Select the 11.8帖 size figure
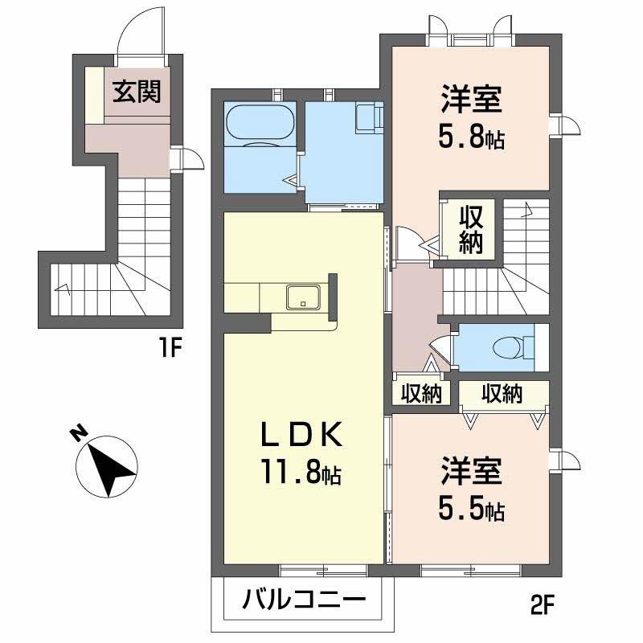pos(301,472)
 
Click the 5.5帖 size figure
pos(471,509)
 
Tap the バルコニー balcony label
pos(304,600)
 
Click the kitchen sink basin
pos(304,297)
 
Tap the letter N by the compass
pos(78,434)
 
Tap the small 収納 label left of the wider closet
pos(421,394)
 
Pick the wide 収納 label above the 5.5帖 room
pos(502,394)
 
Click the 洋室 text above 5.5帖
pos(472,471)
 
